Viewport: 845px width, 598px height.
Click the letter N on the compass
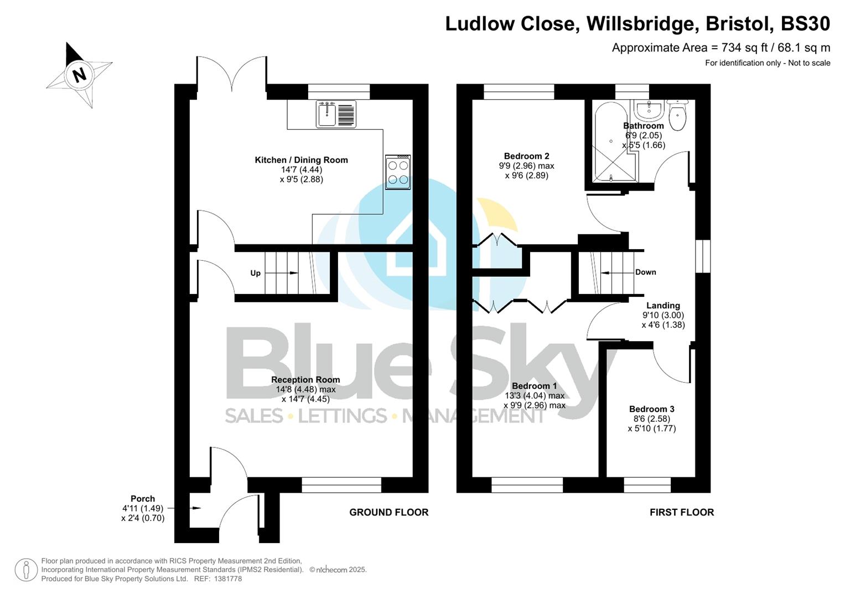point(80,74)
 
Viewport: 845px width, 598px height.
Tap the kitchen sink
point(336,114)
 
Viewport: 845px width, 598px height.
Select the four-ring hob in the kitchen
point(398,172)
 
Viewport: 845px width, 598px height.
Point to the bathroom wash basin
point(649,110)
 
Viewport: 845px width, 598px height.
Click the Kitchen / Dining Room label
point(301,160)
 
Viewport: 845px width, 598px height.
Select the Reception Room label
point(305,380)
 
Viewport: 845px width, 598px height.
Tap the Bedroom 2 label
point(526,156)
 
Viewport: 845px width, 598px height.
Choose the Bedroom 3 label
point(651,409)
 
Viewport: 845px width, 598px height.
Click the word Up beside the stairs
point(255,273)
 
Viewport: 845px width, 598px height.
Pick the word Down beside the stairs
point(645,272)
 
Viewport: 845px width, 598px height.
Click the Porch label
point(143,498)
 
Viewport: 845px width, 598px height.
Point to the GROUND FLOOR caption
point(388,512)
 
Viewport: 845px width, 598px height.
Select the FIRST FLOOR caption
point(681,512)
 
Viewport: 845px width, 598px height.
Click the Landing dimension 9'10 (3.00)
point(663,315)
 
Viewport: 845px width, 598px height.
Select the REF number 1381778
point(227,579)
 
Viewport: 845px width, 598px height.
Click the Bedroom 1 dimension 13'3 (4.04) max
point(535,395)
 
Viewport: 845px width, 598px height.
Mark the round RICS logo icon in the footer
point(25,570)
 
